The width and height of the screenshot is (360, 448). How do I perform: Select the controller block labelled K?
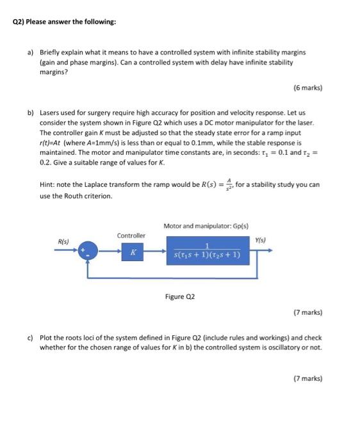pos(133,252)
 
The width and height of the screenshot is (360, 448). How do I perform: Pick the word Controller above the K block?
pos(131,235)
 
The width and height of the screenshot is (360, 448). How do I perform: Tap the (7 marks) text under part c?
pos(307,378)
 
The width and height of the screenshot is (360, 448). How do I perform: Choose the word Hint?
pos(47,186)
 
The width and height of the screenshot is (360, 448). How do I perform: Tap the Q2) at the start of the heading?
pos(19,22)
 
